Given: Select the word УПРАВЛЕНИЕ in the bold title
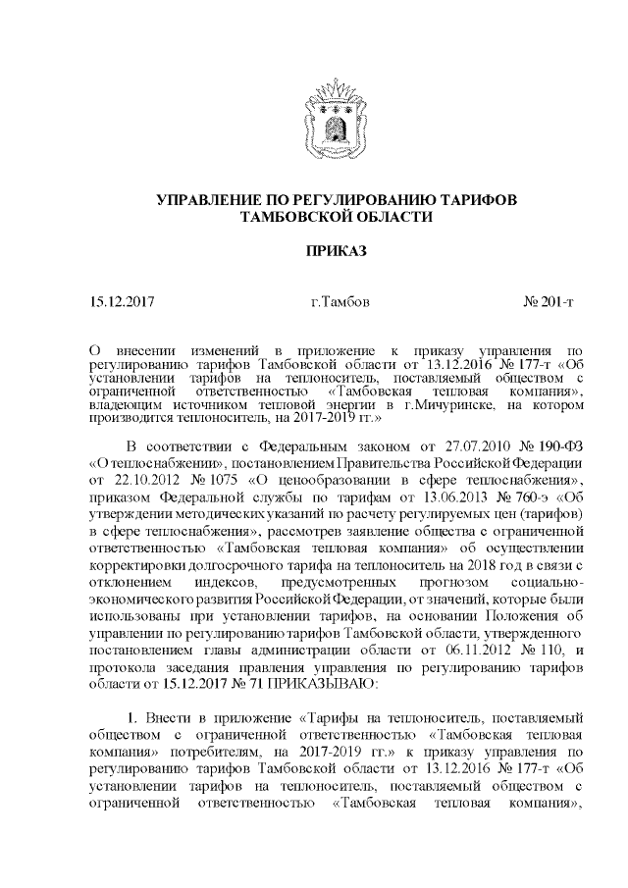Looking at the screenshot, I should click(x=211, y=200).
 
